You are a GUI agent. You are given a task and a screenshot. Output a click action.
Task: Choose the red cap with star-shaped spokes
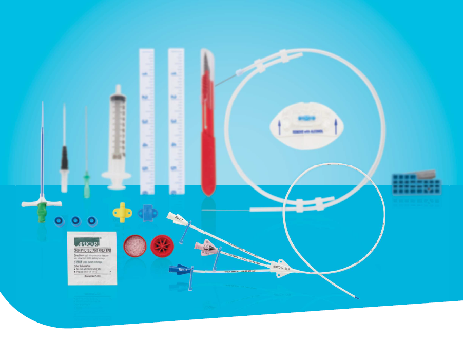coord(162,245)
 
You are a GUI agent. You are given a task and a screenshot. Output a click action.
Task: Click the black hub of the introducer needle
coord(64,157)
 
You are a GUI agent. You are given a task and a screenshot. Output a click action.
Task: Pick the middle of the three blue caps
coord(76,221)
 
